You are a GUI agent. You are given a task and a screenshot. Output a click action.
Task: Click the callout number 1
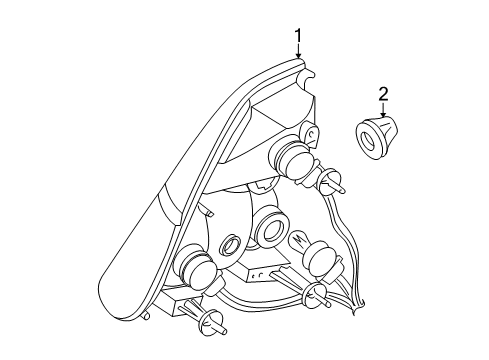click(x=298, y=38)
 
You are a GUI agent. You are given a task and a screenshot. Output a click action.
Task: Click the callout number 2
click(x=383, y=95)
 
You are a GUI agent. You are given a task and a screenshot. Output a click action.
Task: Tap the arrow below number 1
click(x=298, y=56)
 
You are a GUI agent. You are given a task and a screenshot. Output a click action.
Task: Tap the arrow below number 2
click(x=383, y=113)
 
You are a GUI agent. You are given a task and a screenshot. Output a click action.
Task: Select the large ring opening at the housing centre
click(x=270, y=231)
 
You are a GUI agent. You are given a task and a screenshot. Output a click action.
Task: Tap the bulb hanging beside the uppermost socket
click(x=333, y=182)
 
